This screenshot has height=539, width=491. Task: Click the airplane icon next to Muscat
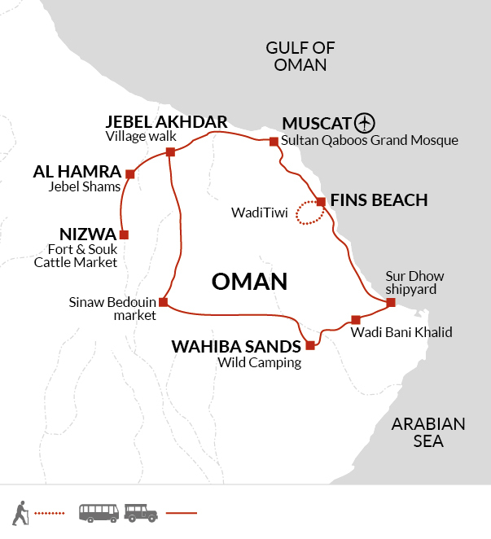(365, 124)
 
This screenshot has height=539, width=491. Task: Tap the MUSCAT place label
(317, 124)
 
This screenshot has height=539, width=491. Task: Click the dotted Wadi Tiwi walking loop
(308, 213)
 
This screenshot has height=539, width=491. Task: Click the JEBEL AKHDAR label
(165, 122)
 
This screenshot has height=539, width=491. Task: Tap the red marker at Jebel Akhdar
(170, 151)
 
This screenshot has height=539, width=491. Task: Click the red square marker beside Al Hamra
(129, 173)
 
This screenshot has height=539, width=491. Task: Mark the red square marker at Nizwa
(124, 235)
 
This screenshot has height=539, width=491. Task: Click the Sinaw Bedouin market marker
(163, 303)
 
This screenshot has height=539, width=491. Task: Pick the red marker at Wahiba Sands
(310, 345)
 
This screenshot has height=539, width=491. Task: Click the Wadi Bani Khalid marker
(355, 319)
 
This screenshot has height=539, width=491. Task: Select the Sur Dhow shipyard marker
(391, 303)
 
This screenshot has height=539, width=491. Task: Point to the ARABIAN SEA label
(427, 432)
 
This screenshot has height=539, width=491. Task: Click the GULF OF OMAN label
(300, 56)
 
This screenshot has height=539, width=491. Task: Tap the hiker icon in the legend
(20, 513)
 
